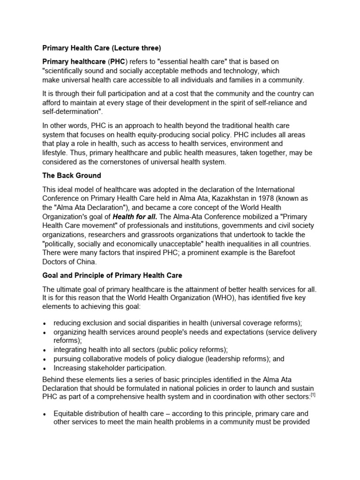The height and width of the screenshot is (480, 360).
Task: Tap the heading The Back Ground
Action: click(x=72, y=176)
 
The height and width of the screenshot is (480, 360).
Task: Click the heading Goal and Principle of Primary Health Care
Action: click(x=112, y=275)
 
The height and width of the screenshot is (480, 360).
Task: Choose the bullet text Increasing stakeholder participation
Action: click(x=110, y=368)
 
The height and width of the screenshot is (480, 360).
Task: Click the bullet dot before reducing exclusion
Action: click(x=45, y=324)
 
